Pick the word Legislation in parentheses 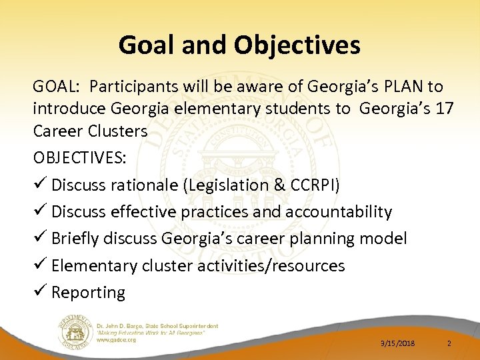click(221, 185)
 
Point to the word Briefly click(77, 239)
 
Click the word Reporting click(88, 292)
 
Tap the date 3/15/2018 click(397, 343)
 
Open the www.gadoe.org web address click(117, 340)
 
